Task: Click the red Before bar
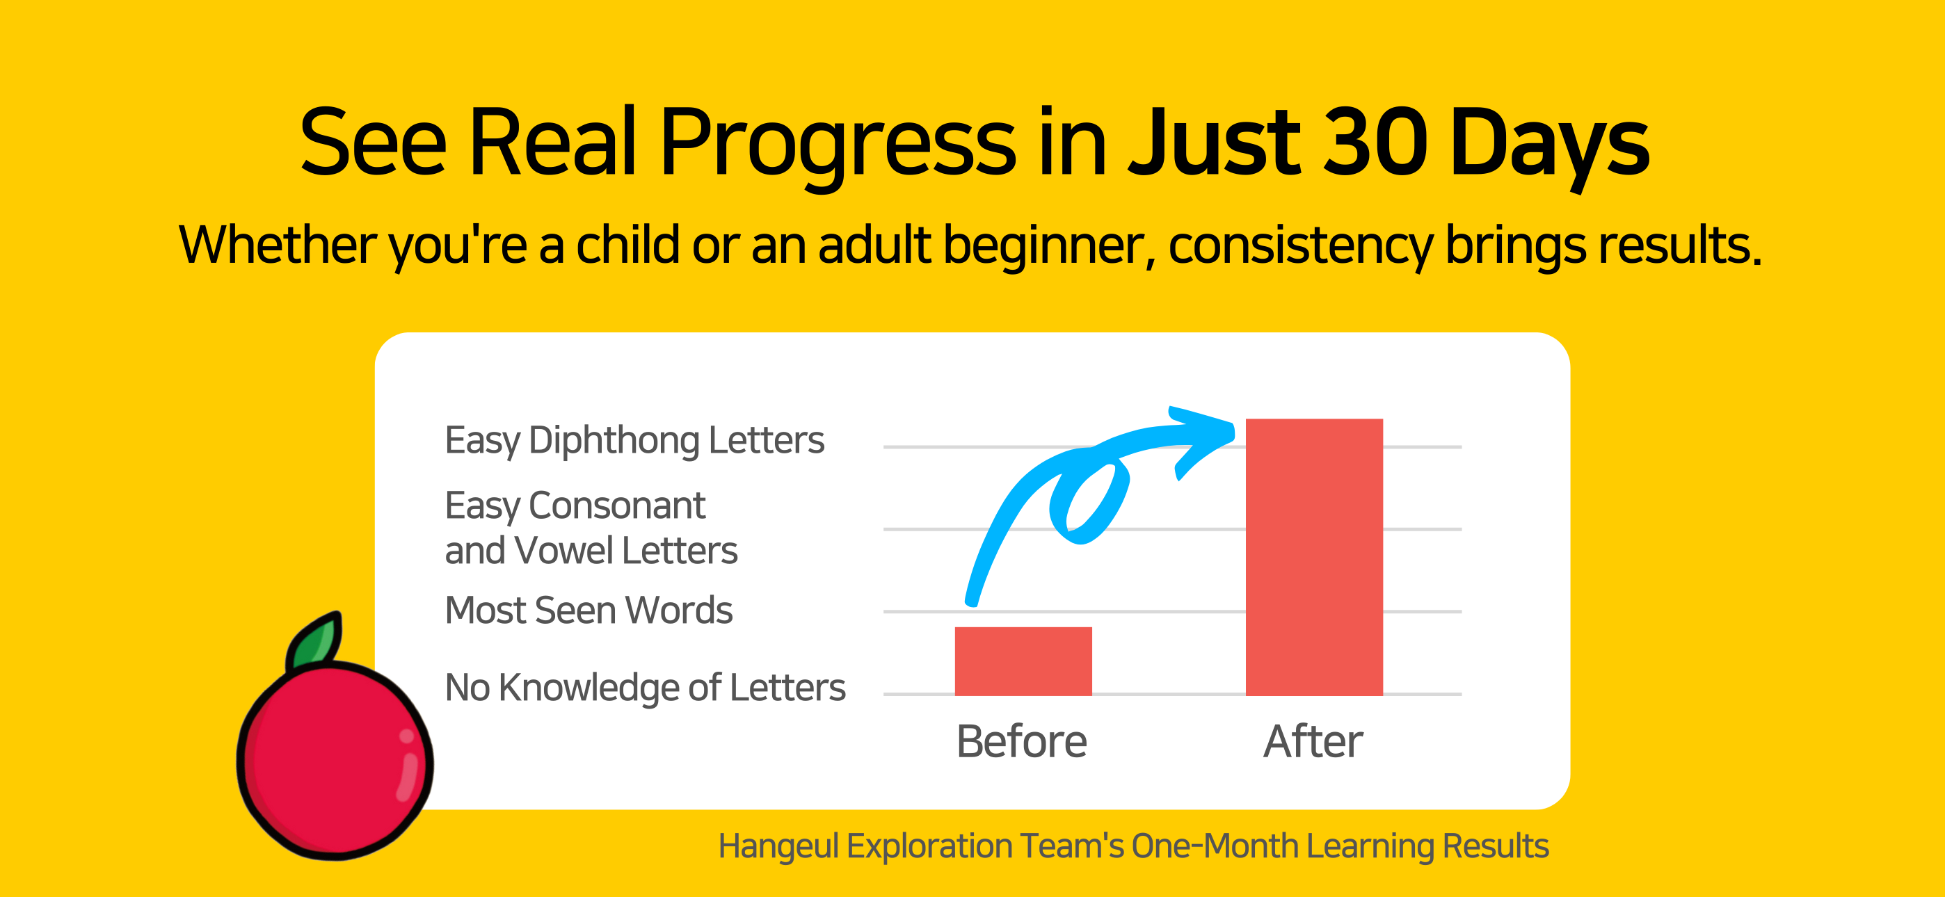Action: click(1023, 661)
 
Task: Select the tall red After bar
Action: click(1314, 556)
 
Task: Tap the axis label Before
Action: click(1022, 741)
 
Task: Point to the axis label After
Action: click(1313, 741)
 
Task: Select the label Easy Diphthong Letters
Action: click(634, 440)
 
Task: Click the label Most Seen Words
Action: click(589, 610)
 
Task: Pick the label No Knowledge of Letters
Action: click(645, 688)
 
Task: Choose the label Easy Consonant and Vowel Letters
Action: click(591, 528)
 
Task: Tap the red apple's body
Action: click(335, 761)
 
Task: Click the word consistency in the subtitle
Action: click(1299, 246)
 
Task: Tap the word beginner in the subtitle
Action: click(1049, 246)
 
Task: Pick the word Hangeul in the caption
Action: click(778, 846)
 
